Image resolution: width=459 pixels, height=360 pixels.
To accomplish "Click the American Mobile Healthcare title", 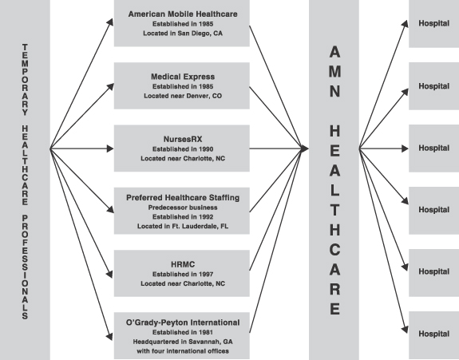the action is pos(183,14).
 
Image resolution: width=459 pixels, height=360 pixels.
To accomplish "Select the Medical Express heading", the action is pos(183,77).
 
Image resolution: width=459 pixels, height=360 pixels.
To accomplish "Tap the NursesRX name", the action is pos(183,139).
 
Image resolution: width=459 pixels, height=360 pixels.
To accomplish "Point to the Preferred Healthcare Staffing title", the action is pos(183,198).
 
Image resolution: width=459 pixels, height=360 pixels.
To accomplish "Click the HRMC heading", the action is pos(183,264).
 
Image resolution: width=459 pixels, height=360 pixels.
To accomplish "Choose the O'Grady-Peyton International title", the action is pos(183,322).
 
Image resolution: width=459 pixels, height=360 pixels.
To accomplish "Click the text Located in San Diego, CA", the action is pos(183,34).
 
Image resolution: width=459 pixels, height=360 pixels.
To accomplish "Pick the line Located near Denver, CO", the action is pos(183,96).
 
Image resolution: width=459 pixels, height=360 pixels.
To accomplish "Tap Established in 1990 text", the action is pos(183,149).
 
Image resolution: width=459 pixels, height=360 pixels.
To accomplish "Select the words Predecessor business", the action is pos(183,208).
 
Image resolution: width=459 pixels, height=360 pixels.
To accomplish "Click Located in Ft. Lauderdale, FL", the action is pos(183,226).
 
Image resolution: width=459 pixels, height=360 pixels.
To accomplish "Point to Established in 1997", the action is pos(183,275).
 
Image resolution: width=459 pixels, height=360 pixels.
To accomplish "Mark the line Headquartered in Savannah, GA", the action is pos(183,342).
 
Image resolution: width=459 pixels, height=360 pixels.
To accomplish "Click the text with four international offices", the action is pos(183,351).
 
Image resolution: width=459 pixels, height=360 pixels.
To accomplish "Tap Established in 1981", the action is pos(183,333).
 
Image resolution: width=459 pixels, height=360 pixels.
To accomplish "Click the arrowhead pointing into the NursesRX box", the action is pos(110,148).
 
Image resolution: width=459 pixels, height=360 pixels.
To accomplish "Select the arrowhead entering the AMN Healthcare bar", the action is pos(305,148).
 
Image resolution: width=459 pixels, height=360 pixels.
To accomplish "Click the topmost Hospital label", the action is pos(433,23).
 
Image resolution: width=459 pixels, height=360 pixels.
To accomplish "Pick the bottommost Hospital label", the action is pos(433,334).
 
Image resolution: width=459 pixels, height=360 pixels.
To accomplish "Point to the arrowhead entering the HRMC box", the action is pos(109,274).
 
